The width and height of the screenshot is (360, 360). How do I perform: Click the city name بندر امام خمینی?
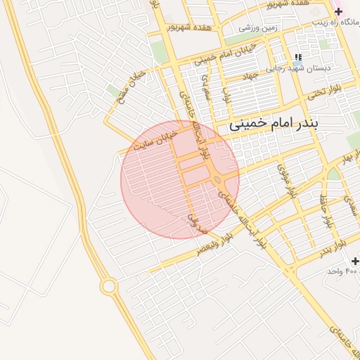click(274, 124)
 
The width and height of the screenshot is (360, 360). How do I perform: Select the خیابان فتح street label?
click(129, 84)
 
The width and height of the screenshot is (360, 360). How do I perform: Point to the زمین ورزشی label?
click(258, 28)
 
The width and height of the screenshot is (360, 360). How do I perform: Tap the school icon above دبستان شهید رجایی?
click(298, 57)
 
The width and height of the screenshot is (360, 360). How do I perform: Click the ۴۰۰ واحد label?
click(343, 271)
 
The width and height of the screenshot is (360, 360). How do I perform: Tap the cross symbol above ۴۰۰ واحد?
click(354, 261)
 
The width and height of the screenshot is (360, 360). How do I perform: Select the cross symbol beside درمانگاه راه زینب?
click(338, 12)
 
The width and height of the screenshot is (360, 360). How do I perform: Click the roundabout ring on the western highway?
click(109, 286)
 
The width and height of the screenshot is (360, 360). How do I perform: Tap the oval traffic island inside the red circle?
click(217, 181)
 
